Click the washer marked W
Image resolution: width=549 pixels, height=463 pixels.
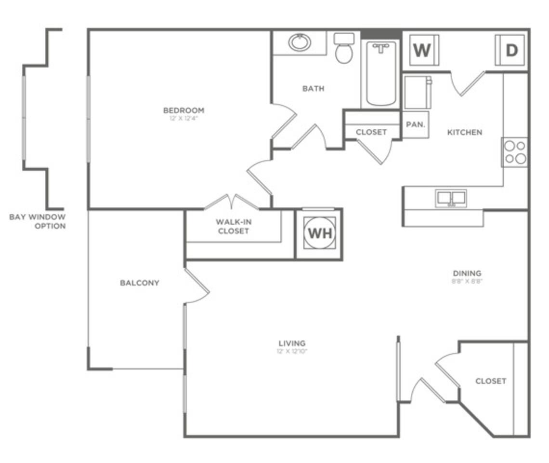coord(422,50)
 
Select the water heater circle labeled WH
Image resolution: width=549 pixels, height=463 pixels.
coord(320,233)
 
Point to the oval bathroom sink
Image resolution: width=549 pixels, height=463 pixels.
coord(300,42)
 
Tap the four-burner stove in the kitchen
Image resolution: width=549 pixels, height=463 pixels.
coord(514,152)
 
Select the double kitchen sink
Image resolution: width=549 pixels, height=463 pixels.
coord(451,198)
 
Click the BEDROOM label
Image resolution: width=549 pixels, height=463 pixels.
coord(183,110)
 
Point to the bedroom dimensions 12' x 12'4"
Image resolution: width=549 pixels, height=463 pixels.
coord(183,118)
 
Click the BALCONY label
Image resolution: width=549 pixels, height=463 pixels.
coord(140,283)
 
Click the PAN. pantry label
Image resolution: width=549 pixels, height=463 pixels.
coord(416,124)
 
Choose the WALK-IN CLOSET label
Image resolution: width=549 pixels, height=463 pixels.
coord(233,226)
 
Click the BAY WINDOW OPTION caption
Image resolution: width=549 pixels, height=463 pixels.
coord(38,221)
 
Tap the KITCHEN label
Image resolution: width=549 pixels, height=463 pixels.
coord(464,132)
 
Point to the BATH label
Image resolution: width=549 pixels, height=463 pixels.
coord(314,89)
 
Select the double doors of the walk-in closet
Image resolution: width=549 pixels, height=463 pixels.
coord(232,202)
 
